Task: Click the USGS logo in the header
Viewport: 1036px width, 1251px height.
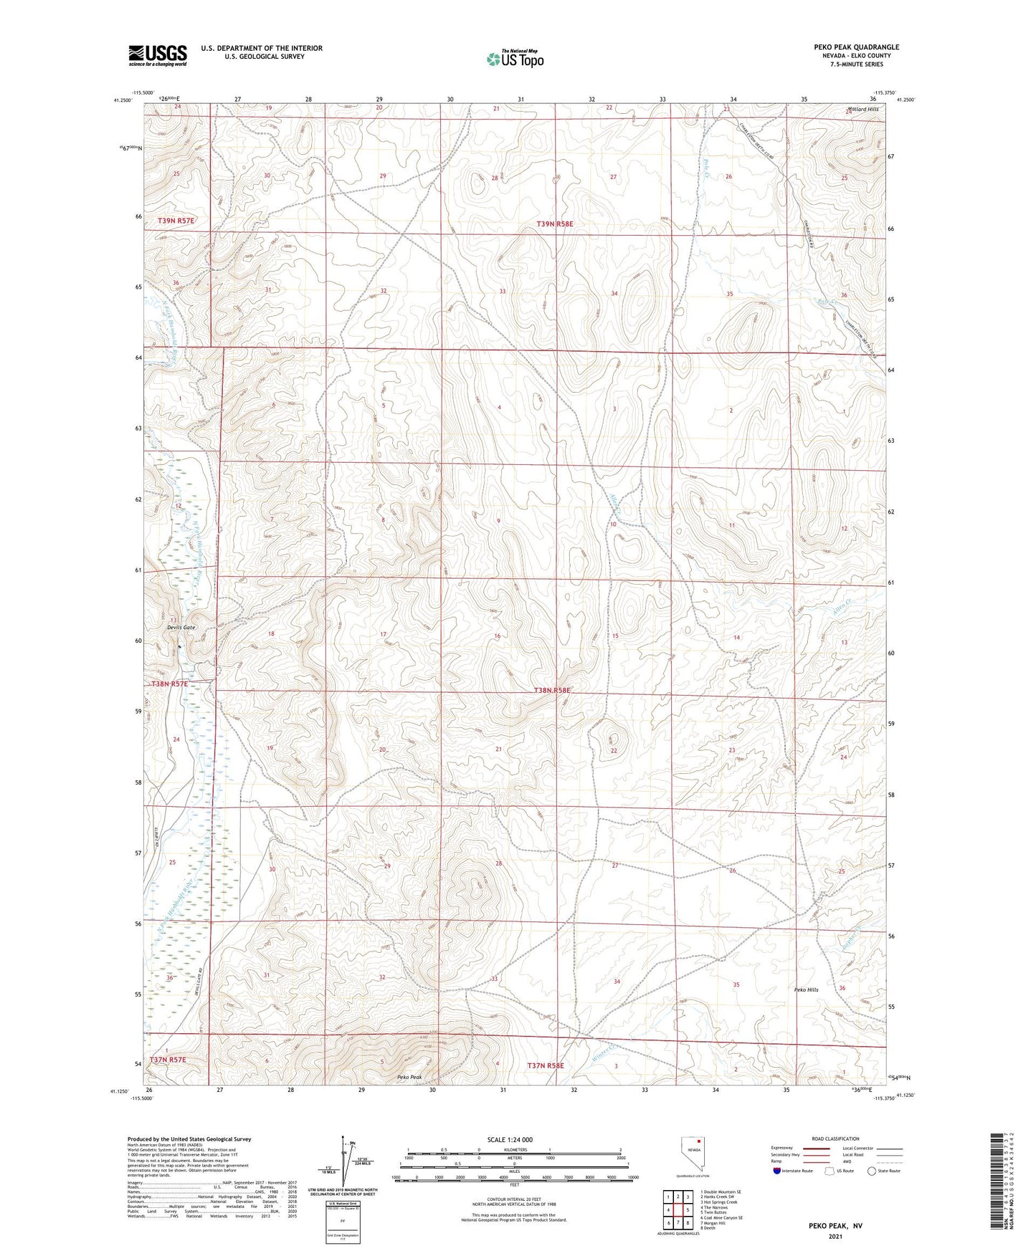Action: point(157,55)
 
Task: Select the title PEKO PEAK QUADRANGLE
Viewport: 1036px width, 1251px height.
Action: point(856,47)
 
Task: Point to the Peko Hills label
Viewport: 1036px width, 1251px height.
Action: point(806,990)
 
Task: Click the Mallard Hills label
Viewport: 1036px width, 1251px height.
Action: point(862,110)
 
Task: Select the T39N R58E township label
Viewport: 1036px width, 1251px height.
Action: point(555,224)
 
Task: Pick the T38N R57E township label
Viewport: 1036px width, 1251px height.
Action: point(169,684)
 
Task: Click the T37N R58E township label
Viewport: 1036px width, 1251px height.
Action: point(546,1065)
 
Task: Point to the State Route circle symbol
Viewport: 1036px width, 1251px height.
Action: point(872,1171)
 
